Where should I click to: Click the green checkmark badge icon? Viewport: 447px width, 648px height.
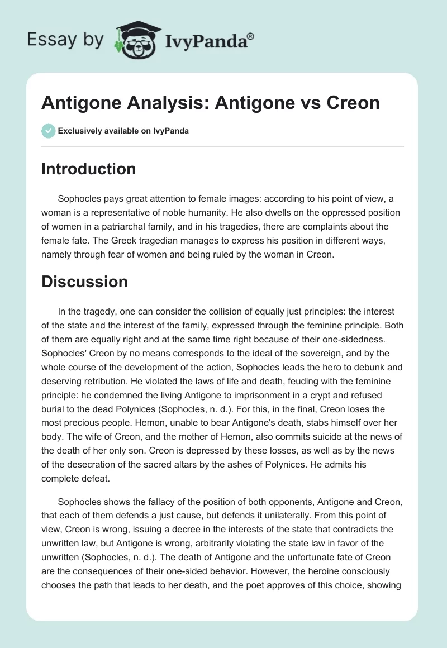tap(48, 131)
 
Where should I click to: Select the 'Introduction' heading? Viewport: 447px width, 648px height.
tap(88, 169)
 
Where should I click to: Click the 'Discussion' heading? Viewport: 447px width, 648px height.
tap(84, 282)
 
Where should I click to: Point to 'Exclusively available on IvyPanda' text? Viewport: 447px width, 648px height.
tap(123, 131)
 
